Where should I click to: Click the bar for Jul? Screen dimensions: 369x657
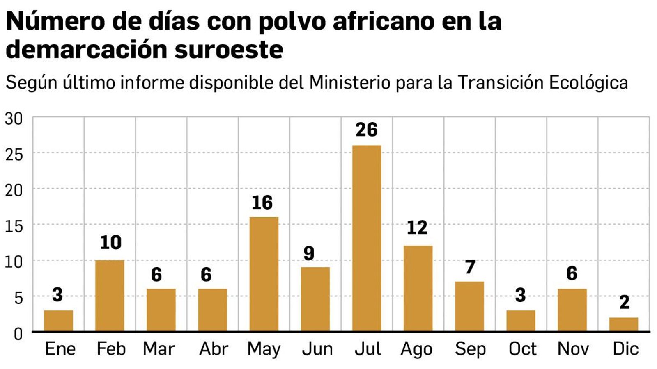point(367,238)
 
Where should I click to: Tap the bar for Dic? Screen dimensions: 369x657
point(623,324)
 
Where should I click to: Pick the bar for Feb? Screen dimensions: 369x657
point(110,296)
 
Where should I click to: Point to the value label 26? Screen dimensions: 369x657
point(367,130)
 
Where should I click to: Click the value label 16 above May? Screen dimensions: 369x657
point(262,203)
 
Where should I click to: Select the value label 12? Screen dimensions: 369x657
point(417,228)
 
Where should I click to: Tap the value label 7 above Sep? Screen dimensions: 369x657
point(470,267)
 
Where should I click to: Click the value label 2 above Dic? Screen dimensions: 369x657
point(624,303)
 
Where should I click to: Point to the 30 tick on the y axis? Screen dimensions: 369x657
point(14,119)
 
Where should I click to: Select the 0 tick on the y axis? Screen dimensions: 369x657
point(18,334)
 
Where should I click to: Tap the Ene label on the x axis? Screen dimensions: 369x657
point(60,349)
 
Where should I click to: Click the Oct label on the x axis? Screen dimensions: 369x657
point(522,349)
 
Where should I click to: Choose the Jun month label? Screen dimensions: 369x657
point(317,349)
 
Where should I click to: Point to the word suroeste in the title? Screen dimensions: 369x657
point(229,50)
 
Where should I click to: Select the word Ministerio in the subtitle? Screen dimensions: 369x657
point(349,82)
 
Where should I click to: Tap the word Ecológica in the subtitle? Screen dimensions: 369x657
point(588,82)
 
